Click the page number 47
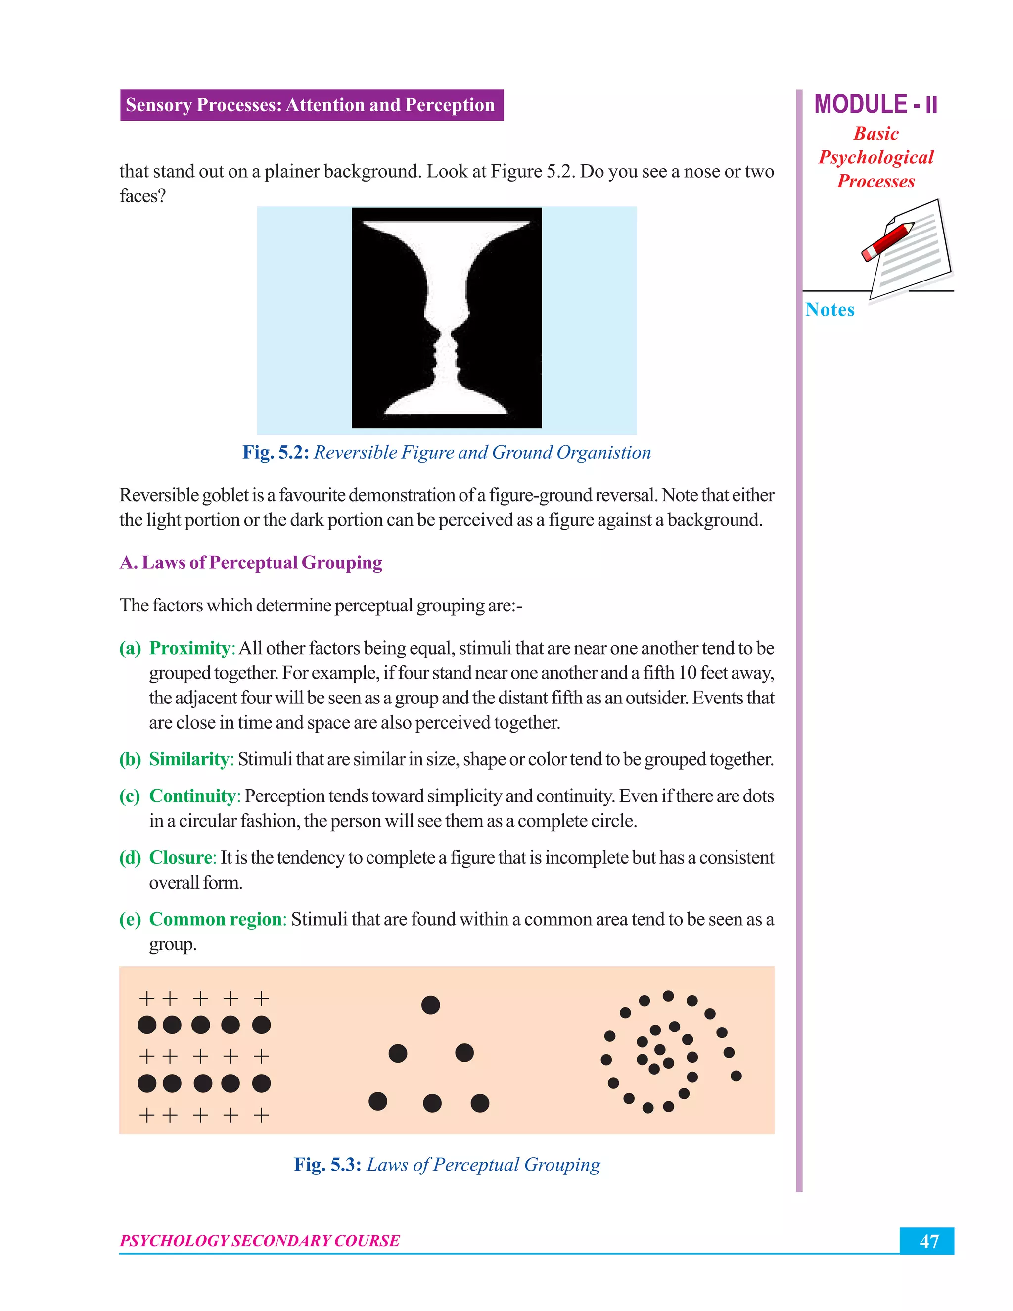click(928, 1241)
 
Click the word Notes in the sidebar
click(829, 310)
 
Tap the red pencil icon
click(887, 241)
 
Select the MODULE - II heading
click(875, 104)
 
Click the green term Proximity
click(189, 648)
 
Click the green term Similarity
click(188, 759)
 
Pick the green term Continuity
click(192, 796)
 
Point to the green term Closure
click(181, 857)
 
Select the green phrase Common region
click(216, 919)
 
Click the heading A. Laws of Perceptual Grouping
click(251, 562)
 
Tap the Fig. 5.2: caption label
click(276, 452)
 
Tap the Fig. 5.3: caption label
click(327, 1164)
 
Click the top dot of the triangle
click(430, 1005)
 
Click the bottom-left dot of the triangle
click(377, 1101)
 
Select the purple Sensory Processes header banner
click(312, 105)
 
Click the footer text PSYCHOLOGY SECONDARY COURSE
click(259, 1240)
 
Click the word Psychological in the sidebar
click(875, 157)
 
